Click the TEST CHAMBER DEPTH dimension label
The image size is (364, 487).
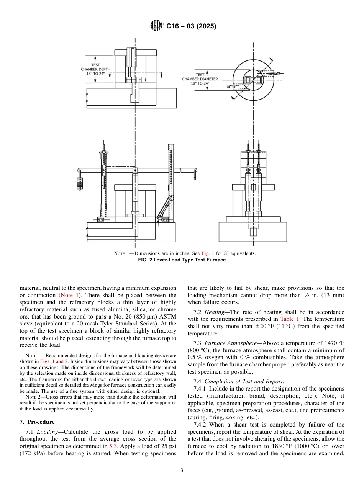click(95, 70)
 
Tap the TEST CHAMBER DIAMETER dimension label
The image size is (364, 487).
click(200, 79)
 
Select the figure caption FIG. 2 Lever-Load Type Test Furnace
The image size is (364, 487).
click(182, 260)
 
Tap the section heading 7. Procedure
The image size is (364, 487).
click(37, 422)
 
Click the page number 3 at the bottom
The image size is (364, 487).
click(182, 471)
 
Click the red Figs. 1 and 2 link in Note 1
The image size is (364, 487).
click(53, 361)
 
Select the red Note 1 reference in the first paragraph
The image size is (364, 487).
click(69, 295)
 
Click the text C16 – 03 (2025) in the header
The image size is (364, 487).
click(191, 26)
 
